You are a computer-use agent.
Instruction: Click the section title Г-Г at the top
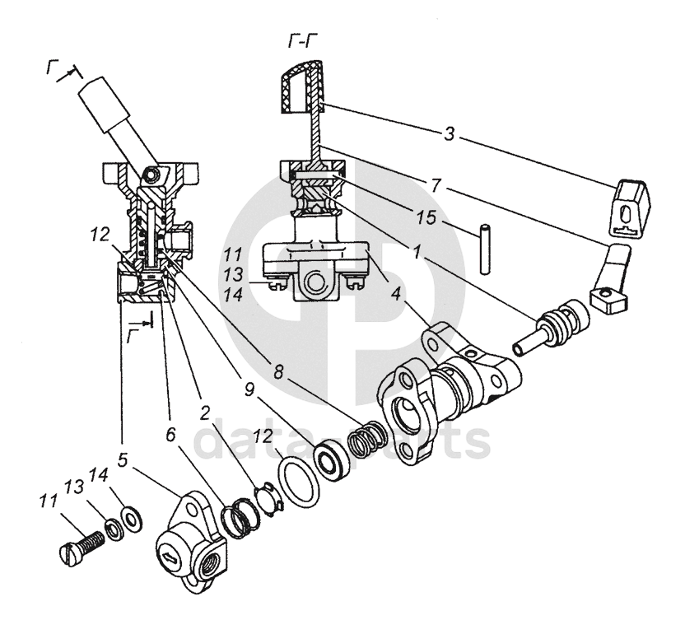303,41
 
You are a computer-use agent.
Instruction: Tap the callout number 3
450,133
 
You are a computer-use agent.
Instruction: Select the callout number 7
436,186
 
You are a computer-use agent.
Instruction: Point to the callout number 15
426,217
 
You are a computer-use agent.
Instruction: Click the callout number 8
279,371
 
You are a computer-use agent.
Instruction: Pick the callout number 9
249,390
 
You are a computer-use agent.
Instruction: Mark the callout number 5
123,459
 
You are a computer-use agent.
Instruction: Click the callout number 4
396,294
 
